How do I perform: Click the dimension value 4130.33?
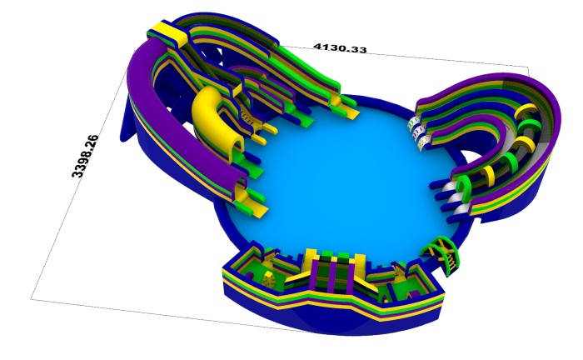click(x=340, y=48)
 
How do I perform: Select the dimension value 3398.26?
click(x=85, y=156)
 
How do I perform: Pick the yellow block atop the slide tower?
click(x=170, y=32)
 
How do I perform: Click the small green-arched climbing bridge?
click(x=441, y=255)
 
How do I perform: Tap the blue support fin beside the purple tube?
click(x=127, y=119)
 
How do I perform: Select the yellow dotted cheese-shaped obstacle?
click(x=269, y=280)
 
